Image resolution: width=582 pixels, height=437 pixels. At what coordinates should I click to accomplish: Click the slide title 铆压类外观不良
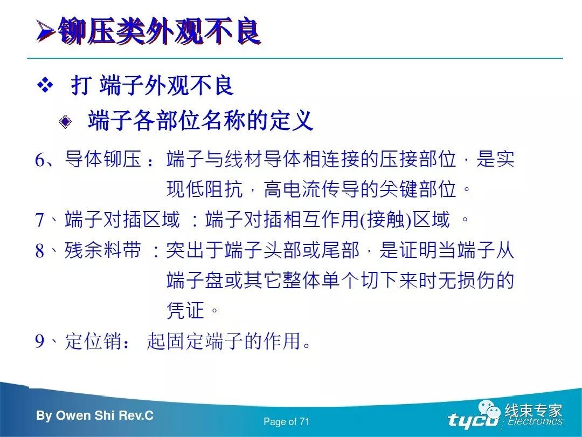[x=160, y=32]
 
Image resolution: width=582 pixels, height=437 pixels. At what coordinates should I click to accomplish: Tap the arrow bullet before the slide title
[x=46, y=32]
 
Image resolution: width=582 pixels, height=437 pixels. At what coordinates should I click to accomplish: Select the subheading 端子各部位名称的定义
[x=200, y=120]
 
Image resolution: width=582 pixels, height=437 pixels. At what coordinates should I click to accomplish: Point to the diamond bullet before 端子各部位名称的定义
[x=65, y=121]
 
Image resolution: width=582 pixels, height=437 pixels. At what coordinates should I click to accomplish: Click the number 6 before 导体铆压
[x=41, y=161]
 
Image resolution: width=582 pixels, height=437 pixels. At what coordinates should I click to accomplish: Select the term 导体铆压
[x=103, y=160]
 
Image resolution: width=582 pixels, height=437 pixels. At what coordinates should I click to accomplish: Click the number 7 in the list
[x=40, y=220]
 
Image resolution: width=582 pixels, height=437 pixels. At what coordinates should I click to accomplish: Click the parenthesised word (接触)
[x=386, y=220]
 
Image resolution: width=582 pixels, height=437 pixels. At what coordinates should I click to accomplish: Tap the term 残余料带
[x=103, y=251]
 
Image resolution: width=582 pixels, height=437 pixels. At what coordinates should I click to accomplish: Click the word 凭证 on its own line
[x=185, y=310]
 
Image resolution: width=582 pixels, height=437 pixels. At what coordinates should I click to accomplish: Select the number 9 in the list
[x=40, y=342]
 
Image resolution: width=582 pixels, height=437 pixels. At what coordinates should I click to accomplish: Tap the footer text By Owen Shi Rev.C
[x=95, y=415]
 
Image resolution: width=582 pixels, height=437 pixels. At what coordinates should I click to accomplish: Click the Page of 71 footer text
[x=287, y=422]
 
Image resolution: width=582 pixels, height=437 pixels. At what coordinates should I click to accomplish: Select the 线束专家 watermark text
[x=533, y=411]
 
